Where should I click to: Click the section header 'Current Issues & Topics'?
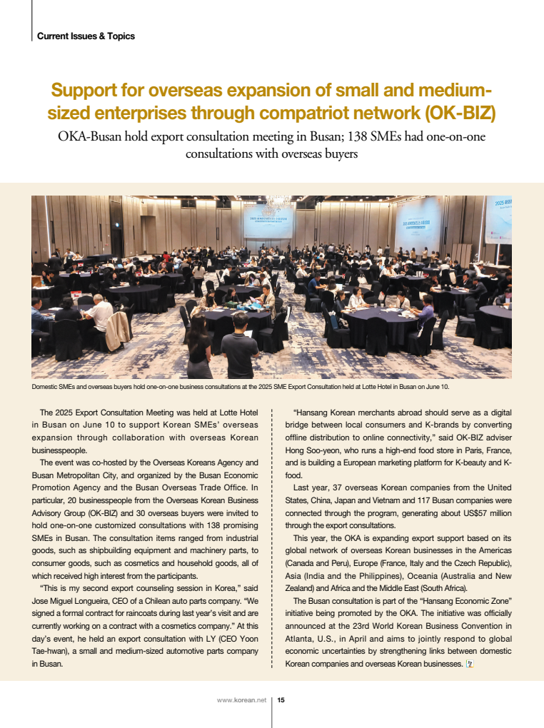(86, 36)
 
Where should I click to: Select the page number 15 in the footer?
(281, 700)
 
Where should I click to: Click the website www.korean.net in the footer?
(241, 700)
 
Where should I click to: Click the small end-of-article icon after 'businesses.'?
(469, 664)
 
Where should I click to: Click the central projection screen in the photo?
(268, 222)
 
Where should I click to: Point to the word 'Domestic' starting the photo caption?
(46, 387)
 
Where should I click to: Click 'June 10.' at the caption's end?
(436, 387)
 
